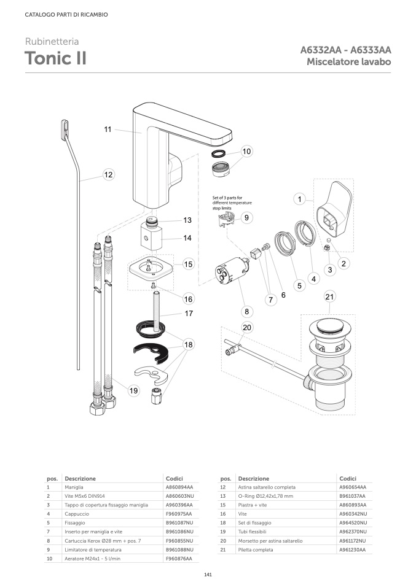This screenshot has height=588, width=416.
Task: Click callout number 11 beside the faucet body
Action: tap(108, 130)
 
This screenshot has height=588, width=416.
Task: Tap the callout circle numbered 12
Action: tap(108, 175)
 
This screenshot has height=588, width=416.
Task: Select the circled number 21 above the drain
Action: tap(330, 297)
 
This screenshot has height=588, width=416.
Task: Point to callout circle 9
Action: tap(246, 217)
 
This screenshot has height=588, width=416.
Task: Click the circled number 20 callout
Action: tap(247, 328)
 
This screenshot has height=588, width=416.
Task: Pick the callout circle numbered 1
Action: tap(299, 199)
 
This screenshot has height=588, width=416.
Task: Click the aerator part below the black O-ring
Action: tap(221, 168)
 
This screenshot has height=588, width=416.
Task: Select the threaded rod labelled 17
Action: tap(162, 306)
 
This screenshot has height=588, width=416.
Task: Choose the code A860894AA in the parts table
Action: tap(179, 486)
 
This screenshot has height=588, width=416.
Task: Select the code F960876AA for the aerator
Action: tap(179, 559)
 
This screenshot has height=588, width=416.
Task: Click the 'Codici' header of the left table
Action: tap(175, 478)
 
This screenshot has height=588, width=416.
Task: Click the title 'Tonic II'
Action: tap(55, 58)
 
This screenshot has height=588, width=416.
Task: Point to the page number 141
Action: tap(208, 574)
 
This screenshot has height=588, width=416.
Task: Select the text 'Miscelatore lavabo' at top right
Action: tap(349, 62)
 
